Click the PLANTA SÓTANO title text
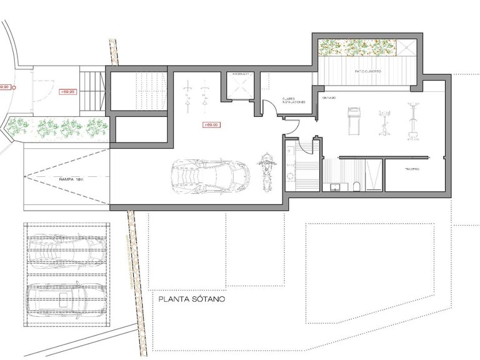(191, 299)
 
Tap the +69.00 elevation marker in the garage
(211, 124)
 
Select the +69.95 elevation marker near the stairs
(68, 92)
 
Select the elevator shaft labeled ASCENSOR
(241, 87)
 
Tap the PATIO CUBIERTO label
(368, 71)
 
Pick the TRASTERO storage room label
(411, 169)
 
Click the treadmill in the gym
(352, 118)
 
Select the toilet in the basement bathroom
(355, 185)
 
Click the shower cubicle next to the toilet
(373, 174)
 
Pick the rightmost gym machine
(412, 120)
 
